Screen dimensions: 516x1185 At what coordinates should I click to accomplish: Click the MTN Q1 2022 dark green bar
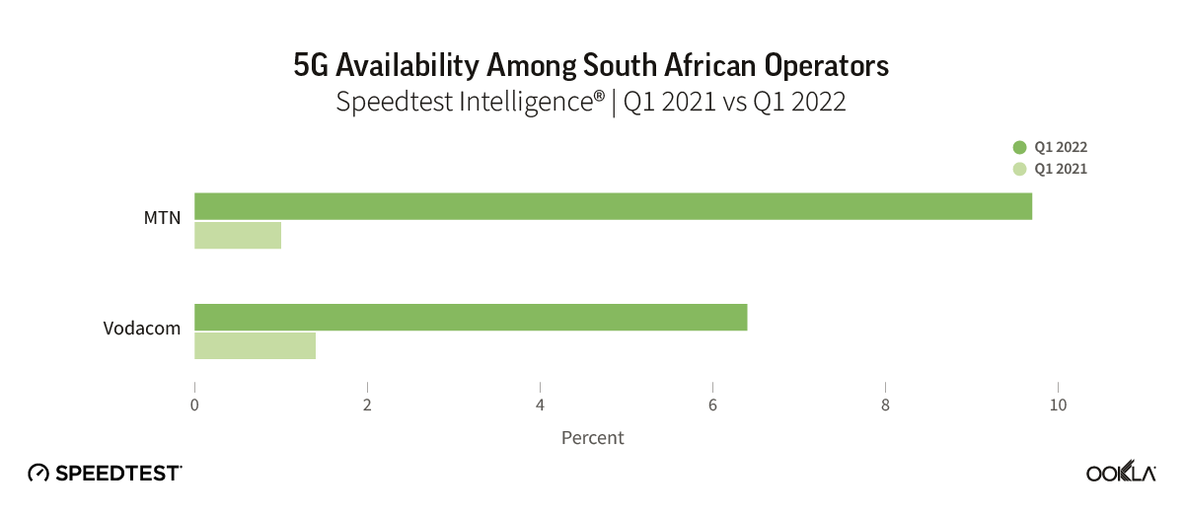(x=613, y=206)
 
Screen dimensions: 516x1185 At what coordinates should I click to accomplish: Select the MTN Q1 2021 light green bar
(x=238, y=236)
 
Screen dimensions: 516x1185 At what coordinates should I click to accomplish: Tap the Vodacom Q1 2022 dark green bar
(x=471, y=317)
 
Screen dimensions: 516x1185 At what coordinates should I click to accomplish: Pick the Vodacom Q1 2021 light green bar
(x=255, y=346)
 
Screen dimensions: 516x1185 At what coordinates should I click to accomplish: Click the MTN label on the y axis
(x=163, y=218)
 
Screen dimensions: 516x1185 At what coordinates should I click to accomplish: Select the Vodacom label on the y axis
(x=142, y=329)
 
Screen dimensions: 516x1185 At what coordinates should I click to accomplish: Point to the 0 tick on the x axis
(x=194, y=405)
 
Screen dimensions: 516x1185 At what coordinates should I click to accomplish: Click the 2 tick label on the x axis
(x=367, y=405)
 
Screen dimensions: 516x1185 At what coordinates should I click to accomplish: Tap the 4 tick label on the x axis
(x=540, y=405)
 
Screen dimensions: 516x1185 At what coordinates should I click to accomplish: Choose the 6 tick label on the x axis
(x=712, y=405)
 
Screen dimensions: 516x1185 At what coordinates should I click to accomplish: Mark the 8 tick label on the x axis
(x=886, y=405)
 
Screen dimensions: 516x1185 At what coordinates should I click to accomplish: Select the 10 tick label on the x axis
(x=1059, y=405)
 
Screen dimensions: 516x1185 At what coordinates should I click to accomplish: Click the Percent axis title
(x=593, y=437)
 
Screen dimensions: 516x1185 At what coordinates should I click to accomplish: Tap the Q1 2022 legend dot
(x=1020, y=147)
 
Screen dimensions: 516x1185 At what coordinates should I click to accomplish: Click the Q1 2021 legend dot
(x=1020, y=169)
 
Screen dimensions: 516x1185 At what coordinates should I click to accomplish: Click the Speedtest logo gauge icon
(x=38, y=473)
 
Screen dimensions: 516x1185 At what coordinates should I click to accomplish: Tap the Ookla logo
(x=1121, y=473)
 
